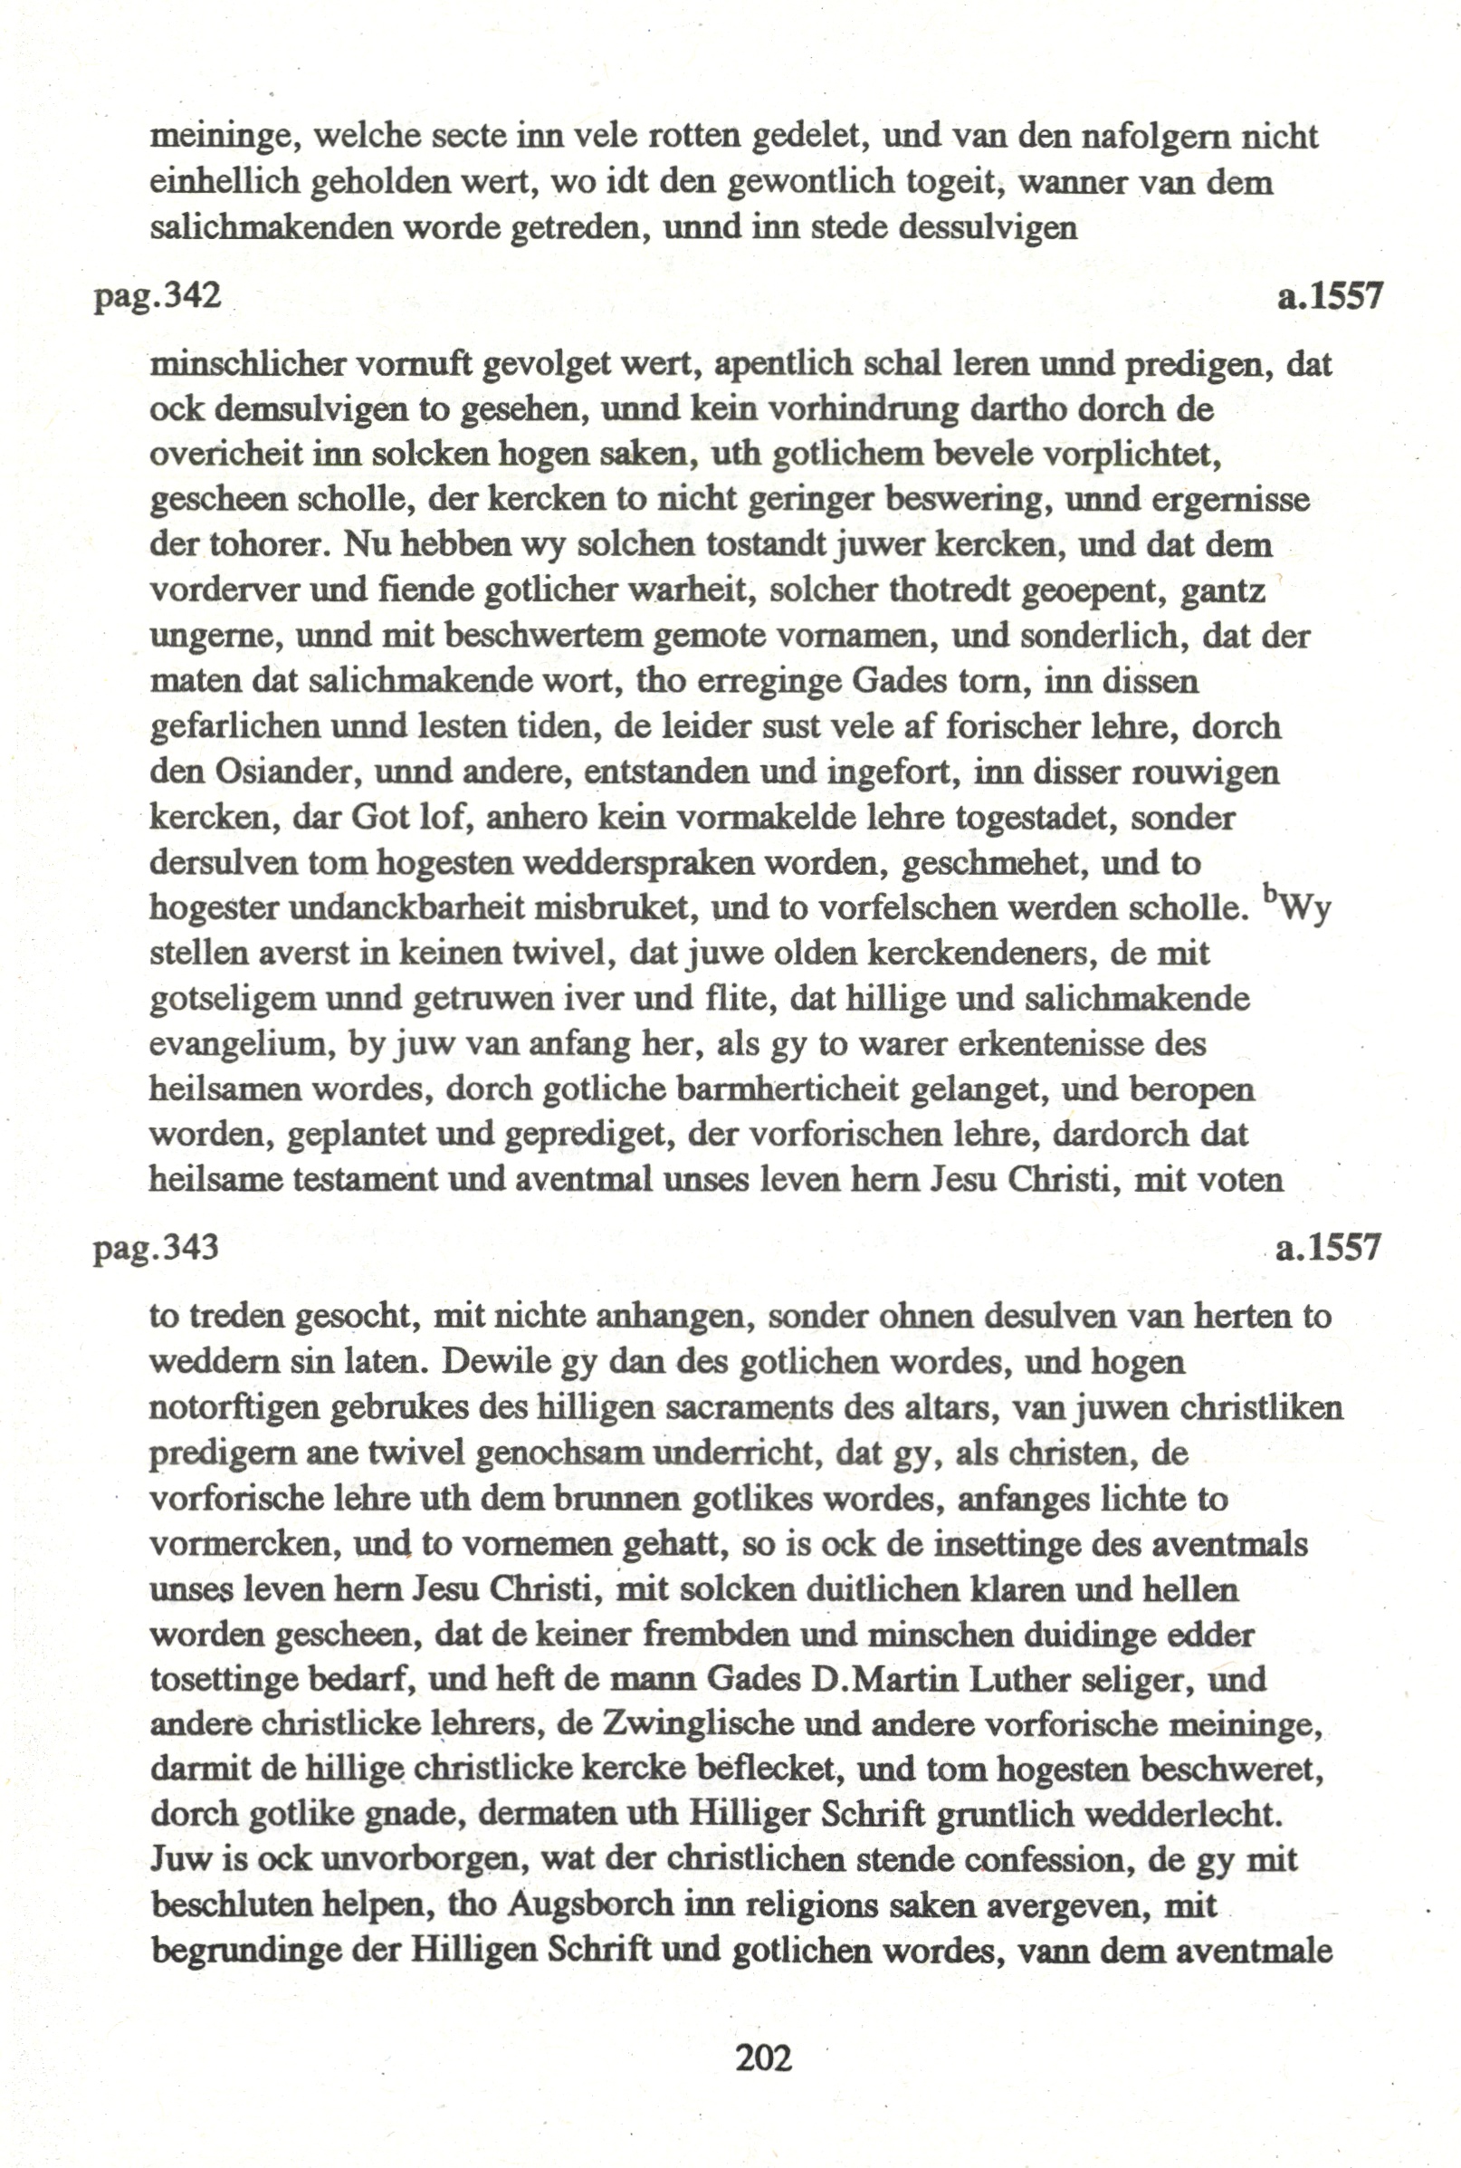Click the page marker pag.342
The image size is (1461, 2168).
click(158, 296)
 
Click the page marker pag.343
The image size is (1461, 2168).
click(156, 1246)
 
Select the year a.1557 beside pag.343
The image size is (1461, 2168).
click(1327, 1246)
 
